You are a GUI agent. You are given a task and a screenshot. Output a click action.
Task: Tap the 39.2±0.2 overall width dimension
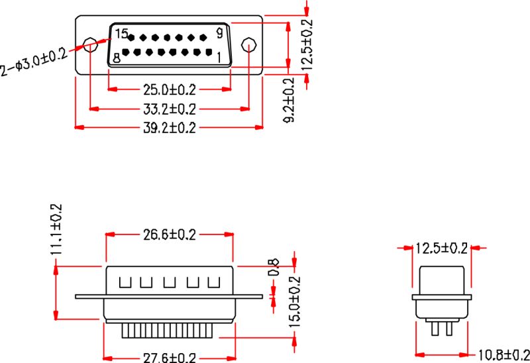point(170,128)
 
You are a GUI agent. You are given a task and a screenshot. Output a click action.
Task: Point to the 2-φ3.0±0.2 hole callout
point(34,60)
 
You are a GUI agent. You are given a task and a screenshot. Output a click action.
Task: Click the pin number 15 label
point(121,33)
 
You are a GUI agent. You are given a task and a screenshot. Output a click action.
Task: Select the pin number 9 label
point(219,32)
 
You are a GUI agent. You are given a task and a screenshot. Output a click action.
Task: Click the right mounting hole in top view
point(248,45)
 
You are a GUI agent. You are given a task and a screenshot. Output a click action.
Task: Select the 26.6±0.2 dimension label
point(170,234)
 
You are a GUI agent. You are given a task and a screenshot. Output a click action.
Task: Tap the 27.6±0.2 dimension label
point(170,358)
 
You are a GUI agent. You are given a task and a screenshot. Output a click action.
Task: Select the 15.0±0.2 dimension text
point(294,302)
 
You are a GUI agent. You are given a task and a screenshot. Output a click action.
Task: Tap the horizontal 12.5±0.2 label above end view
point(441,248)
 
